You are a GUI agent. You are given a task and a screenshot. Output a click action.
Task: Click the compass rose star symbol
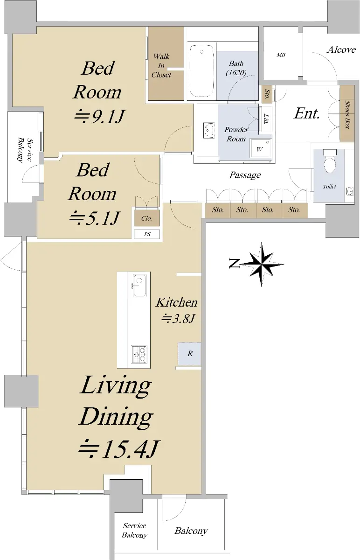(x=262, y=264)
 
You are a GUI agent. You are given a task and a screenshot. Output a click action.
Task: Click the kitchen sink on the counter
(x=139, y=285)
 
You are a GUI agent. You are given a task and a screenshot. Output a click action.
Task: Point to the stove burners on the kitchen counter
(x=139, y=355)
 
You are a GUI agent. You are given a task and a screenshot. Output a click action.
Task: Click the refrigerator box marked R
(x=189, y=354)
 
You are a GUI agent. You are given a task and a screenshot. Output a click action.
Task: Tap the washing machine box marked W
(x=260, y=149)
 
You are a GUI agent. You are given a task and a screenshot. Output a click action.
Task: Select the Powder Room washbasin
(x=209, y=130)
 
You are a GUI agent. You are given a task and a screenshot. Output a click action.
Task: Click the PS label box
(x=147, y=234)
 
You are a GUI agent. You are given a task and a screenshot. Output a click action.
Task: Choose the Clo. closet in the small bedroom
(x=147, y=218)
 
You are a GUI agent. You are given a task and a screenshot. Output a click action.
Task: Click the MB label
(x=281, y=55)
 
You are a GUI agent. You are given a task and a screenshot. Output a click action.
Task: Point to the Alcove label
(x=341, y=49)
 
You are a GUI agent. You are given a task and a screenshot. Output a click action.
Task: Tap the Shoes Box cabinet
(x=347, y=113)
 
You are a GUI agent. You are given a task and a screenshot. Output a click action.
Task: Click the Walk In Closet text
(x=161, y=65)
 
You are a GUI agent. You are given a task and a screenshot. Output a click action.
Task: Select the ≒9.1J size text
(x=99, y=116)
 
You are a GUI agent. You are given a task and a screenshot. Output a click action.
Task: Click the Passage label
(x=245, y=175)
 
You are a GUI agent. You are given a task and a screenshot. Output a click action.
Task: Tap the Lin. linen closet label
(x=267, y=119)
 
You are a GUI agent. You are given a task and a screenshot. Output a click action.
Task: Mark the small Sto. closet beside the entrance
(x=267, y=94)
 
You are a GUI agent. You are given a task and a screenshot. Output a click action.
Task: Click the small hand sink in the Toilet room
(x=350, y=191)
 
